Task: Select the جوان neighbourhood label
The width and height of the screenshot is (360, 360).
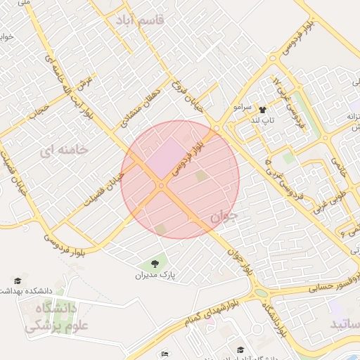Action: pyautogui.click(x=224, y=216)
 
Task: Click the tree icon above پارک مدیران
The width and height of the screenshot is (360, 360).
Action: pyautogui.click(x=155, y=264)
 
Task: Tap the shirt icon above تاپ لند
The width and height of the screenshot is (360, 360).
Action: pyautogui.click(x=263, y=110)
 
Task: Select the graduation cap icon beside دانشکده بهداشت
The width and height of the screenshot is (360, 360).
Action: pyautogui.click(x=18, y=281)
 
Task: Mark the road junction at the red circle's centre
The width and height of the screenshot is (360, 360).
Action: pyautogui.click(x=162, y=186)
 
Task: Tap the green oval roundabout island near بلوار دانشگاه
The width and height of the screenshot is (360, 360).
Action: pyautogui.click(x=261, y=292)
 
